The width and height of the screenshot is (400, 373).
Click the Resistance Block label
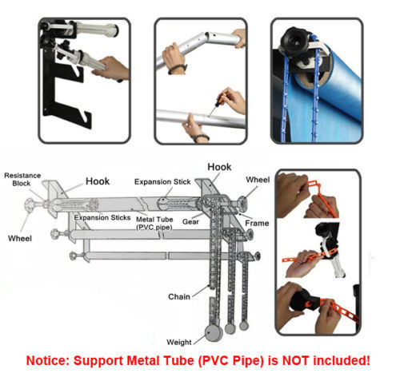pos(22,180)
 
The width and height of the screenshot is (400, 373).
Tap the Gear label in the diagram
pos(190,222)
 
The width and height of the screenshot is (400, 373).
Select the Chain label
pos(179,296)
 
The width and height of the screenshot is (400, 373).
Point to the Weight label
pos(179,342)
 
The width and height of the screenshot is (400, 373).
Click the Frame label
pos(257,223)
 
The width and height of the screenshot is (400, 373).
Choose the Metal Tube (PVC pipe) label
pos(154,224)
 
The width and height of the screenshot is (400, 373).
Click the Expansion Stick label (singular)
pos(162,182)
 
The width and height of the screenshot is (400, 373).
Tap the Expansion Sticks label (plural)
pos(102,217)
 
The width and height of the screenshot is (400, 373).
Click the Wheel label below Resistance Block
pos(20,238)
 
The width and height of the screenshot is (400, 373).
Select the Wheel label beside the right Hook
pos(258,180)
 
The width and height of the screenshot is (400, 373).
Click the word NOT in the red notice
pos(296,360)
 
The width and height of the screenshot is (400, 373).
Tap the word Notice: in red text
pos(48,361)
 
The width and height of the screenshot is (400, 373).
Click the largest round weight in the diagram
pos(214,333)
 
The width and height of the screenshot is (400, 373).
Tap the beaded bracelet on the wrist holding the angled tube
pos(177,69)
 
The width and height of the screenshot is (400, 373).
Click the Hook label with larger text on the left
pos(98,181)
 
